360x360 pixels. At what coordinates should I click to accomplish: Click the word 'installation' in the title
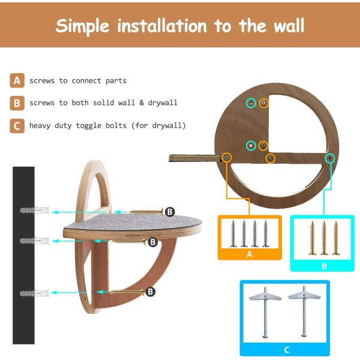(162, 25)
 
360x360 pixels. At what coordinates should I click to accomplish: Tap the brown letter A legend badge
(17, 80)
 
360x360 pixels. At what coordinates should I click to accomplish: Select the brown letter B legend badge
(17, 103)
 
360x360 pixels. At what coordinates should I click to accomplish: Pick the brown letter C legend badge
(17, 126)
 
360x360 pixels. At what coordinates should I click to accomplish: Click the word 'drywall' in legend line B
(163, 103)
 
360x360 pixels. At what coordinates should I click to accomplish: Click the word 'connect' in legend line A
(86, 80)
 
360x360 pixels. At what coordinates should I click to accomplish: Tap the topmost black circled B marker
(170, 212)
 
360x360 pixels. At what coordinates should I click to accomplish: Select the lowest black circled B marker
(151, 292)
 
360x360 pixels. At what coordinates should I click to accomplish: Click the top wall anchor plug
(34, 210)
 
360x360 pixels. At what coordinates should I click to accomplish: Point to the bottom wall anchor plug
(34, 293)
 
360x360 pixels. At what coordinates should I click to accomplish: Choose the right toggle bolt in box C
(304, 311)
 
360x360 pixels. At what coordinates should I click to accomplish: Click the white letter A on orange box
(250, 254)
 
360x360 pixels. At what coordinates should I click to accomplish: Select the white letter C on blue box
(286, 350)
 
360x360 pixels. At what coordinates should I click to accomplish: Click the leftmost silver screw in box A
(233, 233)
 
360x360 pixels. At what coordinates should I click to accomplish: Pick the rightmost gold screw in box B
(336, 238)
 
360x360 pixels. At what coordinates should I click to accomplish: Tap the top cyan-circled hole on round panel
(251, 103)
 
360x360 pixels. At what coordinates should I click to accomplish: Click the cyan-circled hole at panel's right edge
(330, 158)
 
